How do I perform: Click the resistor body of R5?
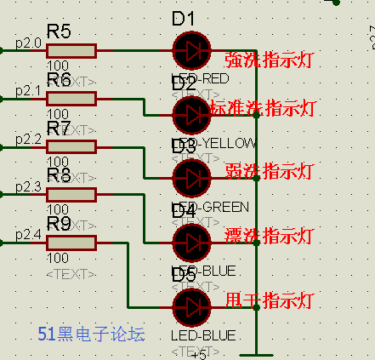tap(71, 50)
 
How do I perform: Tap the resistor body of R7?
tap(71, 146)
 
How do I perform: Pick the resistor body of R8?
tap(71, 194)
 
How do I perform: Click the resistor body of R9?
tap(71, 243)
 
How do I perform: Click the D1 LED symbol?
tap(191, 50)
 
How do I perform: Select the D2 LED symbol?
tap(191, 114)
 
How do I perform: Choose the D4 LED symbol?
tap(191, 243)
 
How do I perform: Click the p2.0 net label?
tap(28, 42)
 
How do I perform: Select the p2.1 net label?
tap(28, 89)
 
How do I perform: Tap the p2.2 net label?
tap(28, 138)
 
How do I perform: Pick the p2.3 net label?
tap(28, 186)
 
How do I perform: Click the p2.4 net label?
tap(28, 234)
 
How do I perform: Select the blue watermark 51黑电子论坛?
tap(92, 334)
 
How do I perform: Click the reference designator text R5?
tap(59, 31)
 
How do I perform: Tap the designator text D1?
tap(184, 19)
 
